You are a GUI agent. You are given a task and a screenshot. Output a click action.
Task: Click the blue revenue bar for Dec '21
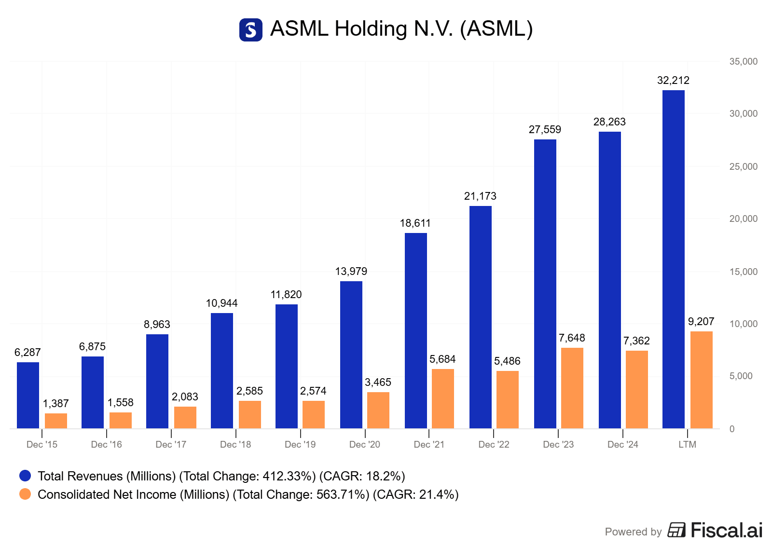(x=415, y=330)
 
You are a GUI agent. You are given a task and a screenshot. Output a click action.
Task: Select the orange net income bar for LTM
(x=701, y=380)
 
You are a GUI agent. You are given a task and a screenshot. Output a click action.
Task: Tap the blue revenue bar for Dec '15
(x=28, y=395)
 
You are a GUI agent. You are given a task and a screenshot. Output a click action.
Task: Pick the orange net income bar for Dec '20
(x=378, y=410)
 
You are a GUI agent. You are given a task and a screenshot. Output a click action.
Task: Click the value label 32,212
(x=673, y=81)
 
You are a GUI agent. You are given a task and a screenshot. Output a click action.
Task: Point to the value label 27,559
(x=545, y=130)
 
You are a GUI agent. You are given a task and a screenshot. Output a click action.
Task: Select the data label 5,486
(x=507, y=361)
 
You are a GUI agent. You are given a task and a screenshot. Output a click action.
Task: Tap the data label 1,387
(x=55, y=404)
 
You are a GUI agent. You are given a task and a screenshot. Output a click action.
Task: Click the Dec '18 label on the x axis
(x=235, y=445)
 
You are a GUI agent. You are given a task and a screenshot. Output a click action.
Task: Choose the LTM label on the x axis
(x=687, y=445)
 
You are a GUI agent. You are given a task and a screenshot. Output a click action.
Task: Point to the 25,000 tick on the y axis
(x=743, y=167)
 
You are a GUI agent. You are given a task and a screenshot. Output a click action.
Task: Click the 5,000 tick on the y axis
(x=741, y=376)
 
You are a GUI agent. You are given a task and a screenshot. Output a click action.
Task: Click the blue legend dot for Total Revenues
(x=25, y=476)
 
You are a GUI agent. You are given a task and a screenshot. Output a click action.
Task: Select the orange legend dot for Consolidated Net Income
(x=25, y=494)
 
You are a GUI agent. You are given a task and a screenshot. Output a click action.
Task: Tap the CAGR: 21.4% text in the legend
(x=415, y=495)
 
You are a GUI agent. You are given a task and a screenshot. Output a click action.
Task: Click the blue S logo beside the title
(x=251, y=30)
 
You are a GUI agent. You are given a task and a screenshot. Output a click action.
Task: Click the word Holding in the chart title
(x=371, y=29)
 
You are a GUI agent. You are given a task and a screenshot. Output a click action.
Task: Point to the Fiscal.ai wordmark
(x=726, y=530)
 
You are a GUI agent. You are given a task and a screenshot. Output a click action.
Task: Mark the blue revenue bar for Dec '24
(x=609, y=280)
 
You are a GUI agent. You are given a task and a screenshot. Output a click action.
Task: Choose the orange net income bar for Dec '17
(x=185, y=417)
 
